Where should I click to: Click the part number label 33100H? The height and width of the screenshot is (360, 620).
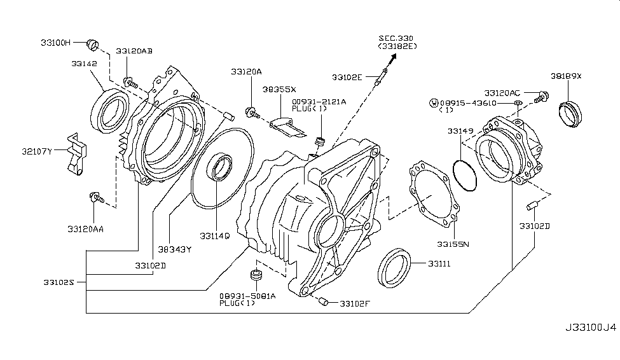tap(56, 43)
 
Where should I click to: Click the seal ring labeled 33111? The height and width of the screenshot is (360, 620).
tap(394, 267)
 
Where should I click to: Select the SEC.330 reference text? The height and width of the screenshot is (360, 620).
tap(396, 38)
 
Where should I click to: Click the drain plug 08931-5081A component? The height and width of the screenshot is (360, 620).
tap(257, 277)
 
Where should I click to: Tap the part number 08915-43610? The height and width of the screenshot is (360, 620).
tap(470, 102)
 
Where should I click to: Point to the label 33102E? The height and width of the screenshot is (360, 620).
tap(347, 77)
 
